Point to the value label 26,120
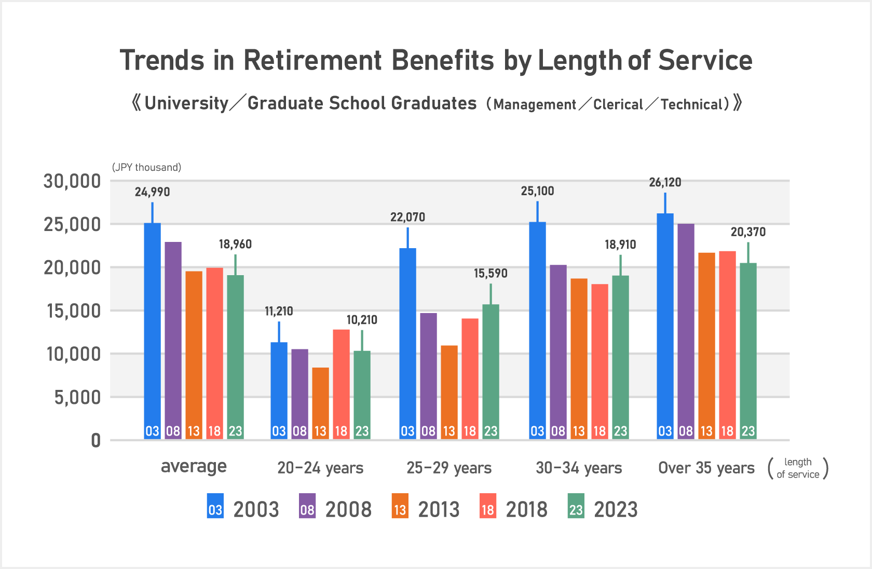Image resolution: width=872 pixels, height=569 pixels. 665,183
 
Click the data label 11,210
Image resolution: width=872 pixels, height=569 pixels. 279,311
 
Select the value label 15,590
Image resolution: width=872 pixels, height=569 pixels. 491,274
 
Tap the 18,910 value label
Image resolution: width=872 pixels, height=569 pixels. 620,245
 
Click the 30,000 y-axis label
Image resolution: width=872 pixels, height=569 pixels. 72,182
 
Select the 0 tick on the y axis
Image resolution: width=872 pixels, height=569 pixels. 96,441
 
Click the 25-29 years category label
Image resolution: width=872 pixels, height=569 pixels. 449,468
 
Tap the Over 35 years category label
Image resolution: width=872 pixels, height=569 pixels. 706,468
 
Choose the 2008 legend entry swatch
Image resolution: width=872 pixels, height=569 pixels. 307,506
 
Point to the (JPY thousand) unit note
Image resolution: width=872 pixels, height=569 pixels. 146,167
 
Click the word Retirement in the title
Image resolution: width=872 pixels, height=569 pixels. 312,60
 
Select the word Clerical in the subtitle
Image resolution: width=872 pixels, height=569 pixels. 618,104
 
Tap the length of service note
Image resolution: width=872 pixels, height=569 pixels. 798,468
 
